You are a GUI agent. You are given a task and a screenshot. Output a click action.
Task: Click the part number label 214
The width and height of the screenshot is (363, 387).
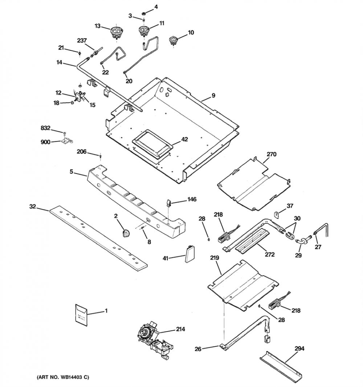click(x=180, y=329)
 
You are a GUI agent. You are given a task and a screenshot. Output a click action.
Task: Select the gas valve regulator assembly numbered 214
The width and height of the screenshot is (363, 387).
click(x=154, y=339)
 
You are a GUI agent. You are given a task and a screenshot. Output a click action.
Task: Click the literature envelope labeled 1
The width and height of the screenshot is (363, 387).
click(x=81, y=315)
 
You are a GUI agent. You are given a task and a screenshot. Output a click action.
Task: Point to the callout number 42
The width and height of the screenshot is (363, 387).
click(x=184, y=139)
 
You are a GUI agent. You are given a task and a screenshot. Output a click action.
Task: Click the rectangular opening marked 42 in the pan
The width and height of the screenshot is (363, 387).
click(x=151, y=143)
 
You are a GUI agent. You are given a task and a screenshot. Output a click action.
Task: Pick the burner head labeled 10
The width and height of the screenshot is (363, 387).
click(x=174, y=40)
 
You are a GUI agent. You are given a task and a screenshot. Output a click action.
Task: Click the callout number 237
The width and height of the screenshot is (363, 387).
click(x=82, y=40)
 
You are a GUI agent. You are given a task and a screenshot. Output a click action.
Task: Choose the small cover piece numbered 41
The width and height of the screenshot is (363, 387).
click(x=189, y=253)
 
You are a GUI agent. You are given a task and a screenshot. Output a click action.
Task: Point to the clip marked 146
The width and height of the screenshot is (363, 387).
click(x=168, y=203)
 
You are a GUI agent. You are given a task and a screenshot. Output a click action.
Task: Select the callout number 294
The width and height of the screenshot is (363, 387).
click(x=299, y=349)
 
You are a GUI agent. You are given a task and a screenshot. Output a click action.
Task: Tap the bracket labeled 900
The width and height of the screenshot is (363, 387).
click(x=67, y=141)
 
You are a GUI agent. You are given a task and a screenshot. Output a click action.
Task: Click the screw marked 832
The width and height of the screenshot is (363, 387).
click(x=65, y=134)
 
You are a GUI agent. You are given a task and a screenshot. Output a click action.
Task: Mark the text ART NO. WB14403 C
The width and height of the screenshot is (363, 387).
click(x=63, y=377)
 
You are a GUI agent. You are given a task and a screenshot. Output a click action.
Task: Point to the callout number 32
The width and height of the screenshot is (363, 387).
click(x=33, y=206)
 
